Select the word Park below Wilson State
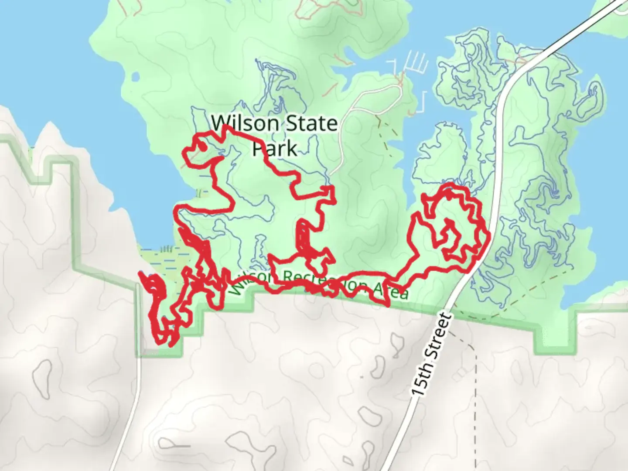point(275,148)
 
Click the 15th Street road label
point(430,355)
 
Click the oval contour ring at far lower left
point(42,376)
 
